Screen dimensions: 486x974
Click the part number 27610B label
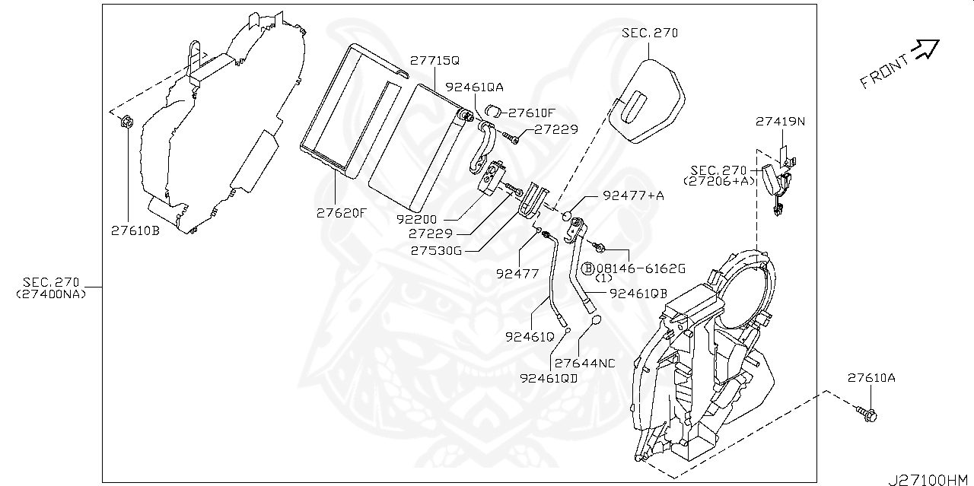[135, 230]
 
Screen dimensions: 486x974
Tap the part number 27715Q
[435, 60]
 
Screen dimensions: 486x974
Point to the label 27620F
[342, 213]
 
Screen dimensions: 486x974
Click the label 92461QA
[474, 87]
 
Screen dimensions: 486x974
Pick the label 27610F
[532, 113]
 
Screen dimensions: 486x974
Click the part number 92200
[416, 218]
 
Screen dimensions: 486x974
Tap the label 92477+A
[633, 195]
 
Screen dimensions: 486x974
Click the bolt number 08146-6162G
[641, 268]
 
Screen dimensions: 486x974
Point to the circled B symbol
[588, 268]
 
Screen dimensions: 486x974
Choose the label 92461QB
[638, 293]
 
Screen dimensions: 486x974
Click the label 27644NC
[584, 363]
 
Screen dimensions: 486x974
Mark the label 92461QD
[549, 376]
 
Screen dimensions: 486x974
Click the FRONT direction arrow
[927, 49]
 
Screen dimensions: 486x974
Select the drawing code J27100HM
[928, 479]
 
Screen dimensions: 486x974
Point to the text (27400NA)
[52, 294]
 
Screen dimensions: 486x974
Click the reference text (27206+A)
[719, 181]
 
